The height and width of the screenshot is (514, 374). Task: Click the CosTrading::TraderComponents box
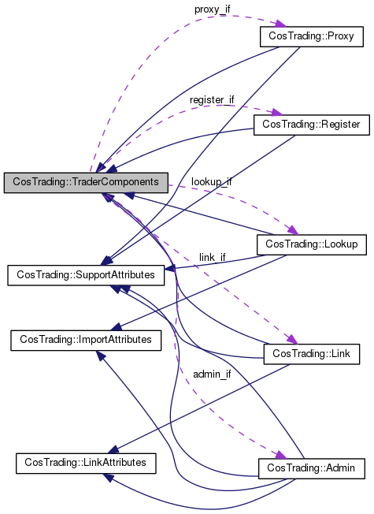pos(86,182)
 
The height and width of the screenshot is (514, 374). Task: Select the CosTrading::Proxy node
pos(311,36)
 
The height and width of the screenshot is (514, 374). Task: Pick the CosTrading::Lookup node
pos(311,244)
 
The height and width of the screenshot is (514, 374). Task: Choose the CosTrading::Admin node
pos(311,468)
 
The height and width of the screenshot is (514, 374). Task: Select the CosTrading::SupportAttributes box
pos(86,275)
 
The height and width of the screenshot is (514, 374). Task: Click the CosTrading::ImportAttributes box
pos(85,340)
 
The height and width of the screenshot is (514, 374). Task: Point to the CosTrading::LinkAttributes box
pos(85,462)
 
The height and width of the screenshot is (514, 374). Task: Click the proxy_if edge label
pos(213,9)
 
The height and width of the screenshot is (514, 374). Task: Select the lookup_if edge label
pos(211,181)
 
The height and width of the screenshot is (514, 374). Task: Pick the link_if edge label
pos(212,257)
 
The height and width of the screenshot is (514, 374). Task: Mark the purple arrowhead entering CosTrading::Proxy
pos(276,26)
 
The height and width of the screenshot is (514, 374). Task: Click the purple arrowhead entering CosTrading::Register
pos(276,114)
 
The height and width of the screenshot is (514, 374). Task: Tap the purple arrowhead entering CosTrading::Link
pos(291,340)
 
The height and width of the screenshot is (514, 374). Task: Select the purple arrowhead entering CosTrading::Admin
pos(277,456)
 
